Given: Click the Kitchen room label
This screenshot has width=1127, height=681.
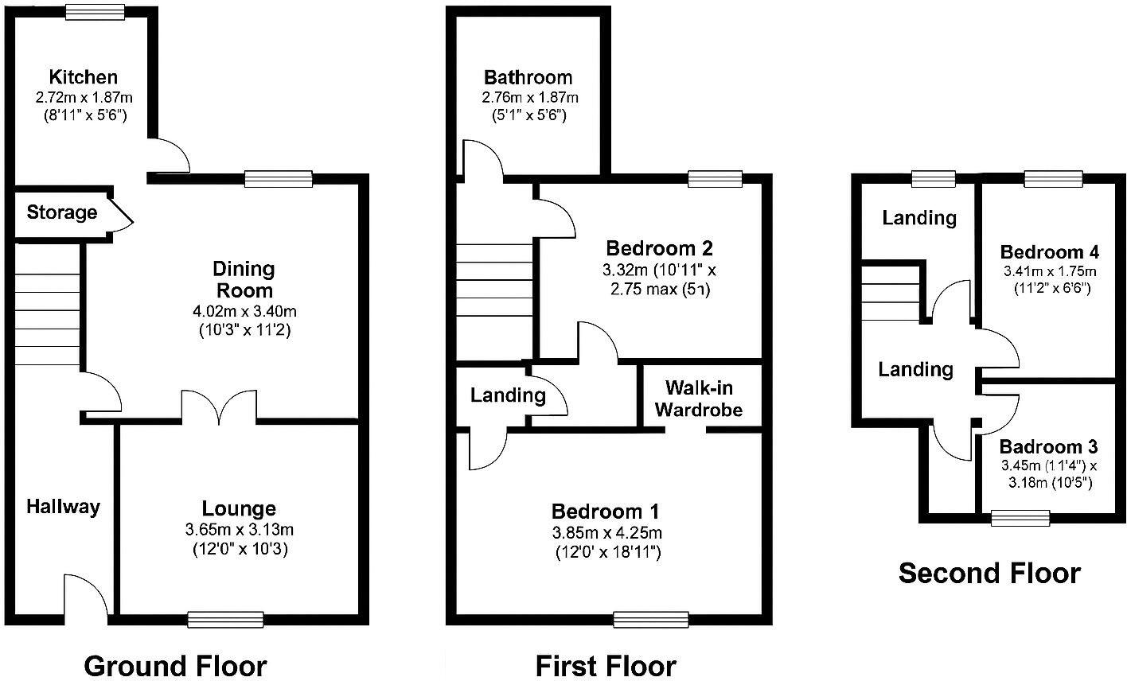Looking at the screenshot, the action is coord(83,77).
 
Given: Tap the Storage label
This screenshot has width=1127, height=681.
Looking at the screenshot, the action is coord(62,212).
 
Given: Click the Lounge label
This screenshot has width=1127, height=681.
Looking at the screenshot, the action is coord(239,508).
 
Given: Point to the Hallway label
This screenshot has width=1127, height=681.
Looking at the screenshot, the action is coord(64,507).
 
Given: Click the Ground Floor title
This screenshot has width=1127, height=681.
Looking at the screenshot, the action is coord(175,665).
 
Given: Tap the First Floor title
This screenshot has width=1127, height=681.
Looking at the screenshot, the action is coord(605,665).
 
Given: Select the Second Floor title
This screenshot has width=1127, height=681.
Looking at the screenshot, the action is coord(989,573).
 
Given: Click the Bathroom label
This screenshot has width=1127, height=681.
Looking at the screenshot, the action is coord(528,77).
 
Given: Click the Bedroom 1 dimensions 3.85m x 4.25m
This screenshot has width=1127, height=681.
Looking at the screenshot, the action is coord(606,532).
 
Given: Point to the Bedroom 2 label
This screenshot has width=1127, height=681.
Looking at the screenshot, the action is coord(659,248).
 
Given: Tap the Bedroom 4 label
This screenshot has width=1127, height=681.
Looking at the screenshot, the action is coord(1050,252).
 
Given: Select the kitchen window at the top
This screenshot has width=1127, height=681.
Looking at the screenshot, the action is coord(95,11).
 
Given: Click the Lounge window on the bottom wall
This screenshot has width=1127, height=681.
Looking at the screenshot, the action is coord(225,619).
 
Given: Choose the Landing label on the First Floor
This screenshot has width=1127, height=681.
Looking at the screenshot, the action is coord(508,395).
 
